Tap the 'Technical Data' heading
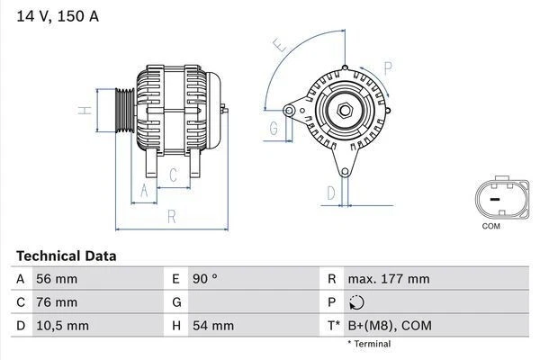coord(66,256)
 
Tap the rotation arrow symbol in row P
coord(357,302)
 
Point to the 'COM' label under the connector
coord(490,226)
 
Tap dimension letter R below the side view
coord(171,216)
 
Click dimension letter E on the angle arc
coord(280,45)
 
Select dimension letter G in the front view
coord(273,128)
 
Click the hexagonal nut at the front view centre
coord(344,111)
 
